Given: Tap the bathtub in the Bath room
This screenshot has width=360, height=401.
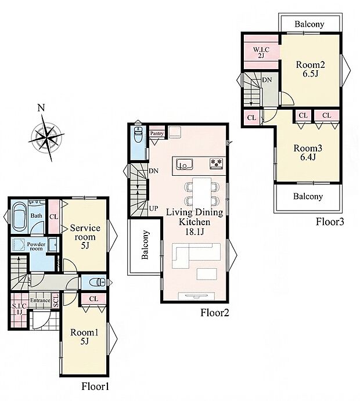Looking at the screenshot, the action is coord(20,216).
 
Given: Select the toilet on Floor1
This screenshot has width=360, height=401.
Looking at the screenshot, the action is coord(97,283).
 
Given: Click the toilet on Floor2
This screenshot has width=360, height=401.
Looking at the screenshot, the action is coord(138,135).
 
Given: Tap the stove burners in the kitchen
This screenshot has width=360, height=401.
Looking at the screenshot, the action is coord(217,164).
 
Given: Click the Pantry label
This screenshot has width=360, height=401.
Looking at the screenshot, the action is coord(157,133).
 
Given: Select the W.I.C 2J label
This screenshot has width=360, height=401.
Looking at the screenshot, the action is coord(261,52).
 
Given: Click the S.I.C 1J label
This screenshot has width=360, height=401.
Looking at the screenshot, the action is coord(19,309).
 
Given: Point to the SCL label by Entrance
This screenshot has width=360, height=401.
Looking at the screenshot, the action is coord(56,301).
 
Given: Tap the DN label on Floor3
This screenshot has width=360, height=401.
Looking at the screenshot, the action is coord(267,80).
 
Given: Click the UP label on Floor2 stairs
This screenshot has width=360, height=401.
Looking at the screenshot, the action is coord(153,208).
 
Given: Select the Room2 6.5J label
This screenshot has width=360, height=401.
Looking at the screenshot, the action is coord(311,69).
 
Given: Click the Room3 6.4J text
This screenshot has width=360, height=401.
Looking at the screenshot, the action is coord(308,153).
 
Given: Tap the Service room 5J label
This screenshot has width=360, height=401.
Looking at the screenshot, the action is coord(85,237).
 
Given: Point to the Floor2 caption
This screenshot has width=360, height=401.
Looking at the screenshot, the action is coord(215,313).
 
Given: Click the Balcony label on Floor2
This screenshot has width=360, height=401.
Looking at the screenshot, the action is coord(145,245).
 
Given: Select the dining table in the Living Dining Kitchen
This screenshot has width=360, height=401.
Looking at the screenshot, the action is coord(202,193).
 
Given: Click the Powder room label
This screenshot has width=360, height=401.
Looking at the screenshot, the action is coord(36,246).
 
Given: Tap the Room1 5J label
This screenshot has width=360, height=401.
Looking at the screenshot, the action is coord(84,337).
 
